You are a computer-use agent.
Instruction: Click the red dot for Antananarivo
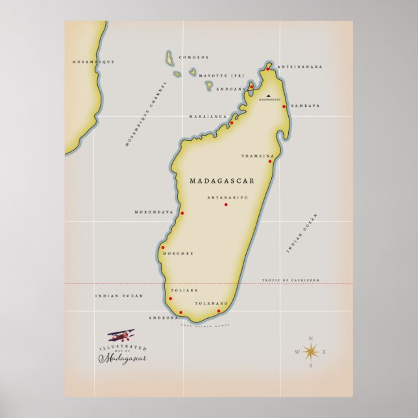[x=226, y=204]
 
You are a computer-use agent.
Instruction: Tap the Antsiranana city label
[x=300, y=67]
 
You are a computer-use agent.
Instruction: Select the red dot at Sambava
[x=284, y=106]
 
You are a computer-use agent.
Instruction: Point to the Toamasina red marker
[x=270, y=161]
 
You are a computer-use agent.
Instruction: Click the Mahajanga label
[x=208, y=117]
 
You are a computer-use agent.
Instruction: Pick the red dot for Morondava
[x=182, y=213]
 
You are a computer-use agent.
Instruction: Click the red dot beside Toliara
[x=170, y=299]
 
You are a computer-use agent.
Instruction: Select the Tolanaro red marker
[x=219, y=310]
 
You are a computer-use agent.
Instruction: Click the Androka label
[x=163, y=318]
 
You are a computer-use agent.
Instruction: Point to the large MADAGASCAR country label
[x=222, y=181]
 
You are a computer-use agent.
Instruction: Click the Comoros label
[x=193, y=57]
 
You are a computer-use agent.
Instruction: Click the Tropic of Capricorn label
[x=291, y=280]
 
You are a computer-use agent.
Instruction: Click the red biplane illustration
[x=121, y=336]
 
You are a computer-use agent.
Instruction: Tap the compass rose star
[x=311, y=352]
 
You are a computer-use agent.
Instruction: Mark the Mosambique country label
[x=93, y=62]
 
